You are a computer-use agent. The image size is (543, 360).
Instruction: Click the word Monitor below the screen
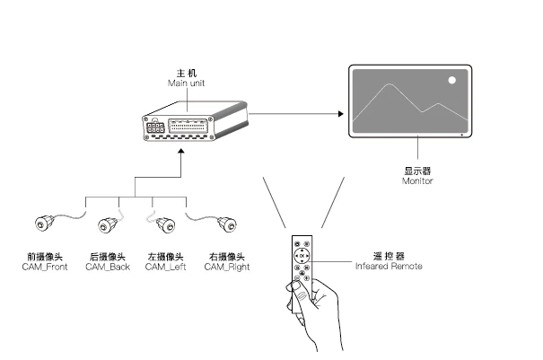coord(417,180)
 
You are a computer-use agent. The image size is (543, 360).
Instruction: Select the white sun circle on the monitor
coord(452,81)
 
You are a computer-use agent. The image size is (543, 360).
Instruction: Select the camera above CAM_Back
coord(109,221)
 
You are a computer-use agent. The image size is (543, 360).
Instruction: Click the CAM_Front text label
coord(45,268)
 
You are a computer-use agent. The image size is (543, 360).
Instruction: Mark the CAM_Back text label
coord(109,268)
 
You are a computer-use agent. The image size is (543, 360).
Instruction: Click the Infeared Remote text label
coord(389,267)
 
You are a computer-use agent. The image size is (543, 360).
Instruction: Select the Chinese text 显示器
coord(418,170)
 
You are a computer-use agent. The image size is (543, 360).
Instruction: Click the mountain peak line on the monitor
coord(389,86)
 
